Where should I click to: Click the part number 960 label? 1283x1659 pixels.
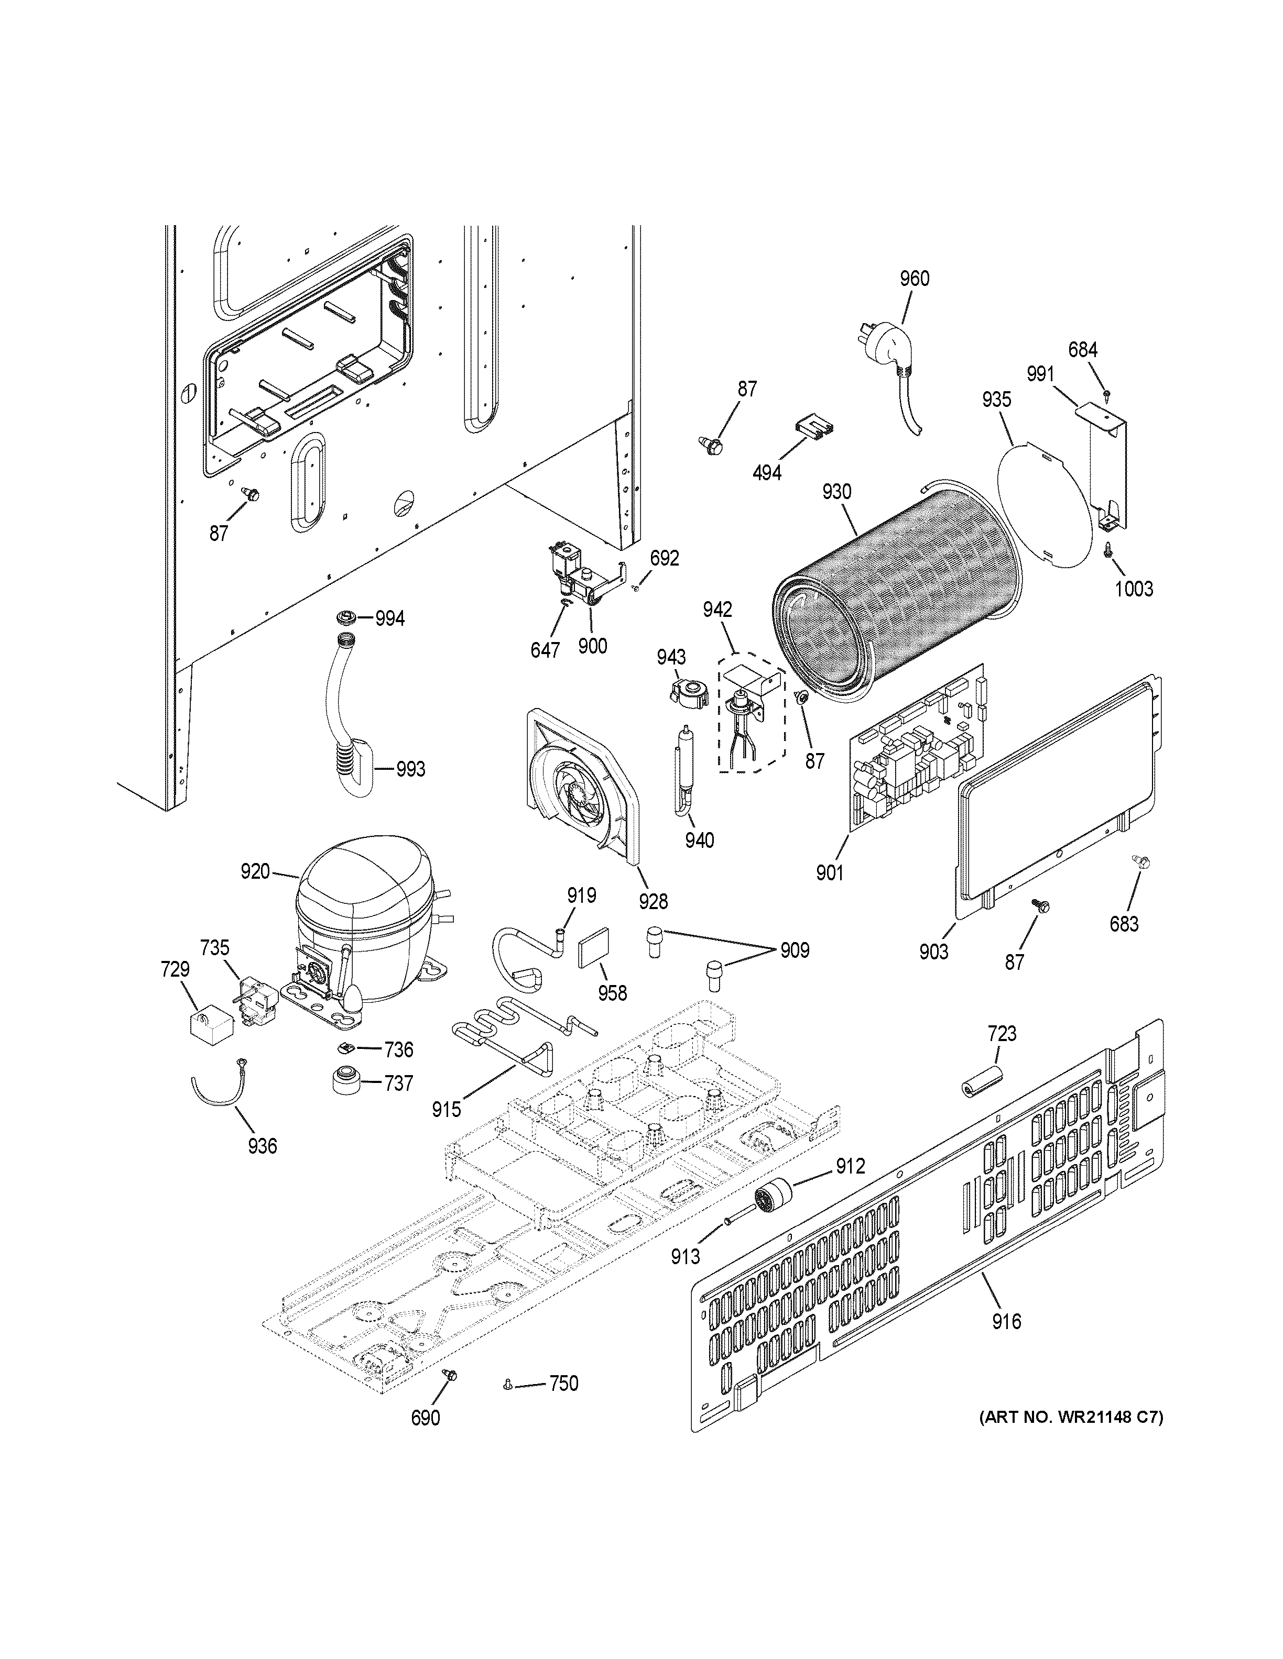[915, 279]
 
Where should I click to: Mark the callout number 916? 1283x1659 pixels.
[1006, 1322]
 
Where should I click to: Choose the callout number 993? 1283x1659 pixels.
[410, 769]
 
